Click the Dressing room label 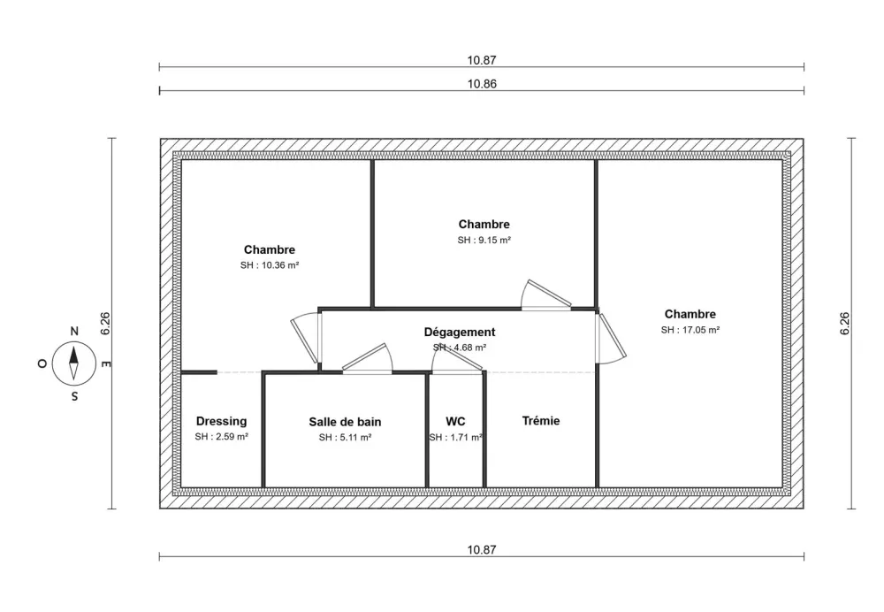(221, 421)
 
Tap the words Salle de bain (345, 422)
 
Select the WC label (455, 421)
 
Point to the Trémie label (540, 421)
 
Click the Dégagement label (460, 332)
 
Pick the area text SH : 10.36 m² (270, 265)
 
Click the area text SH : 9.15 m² (484, 240)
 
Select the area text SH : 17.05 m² (690, 330)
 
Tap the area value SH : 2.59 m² (221, 437)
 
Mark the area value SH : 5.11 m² (345, 437)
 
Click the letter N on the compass (74, 332)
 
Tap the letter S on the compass (74, 396)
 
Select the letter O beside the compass (42, 363)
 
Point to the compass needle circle (74, 363)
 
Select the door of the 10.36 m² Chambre (306, 339)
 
